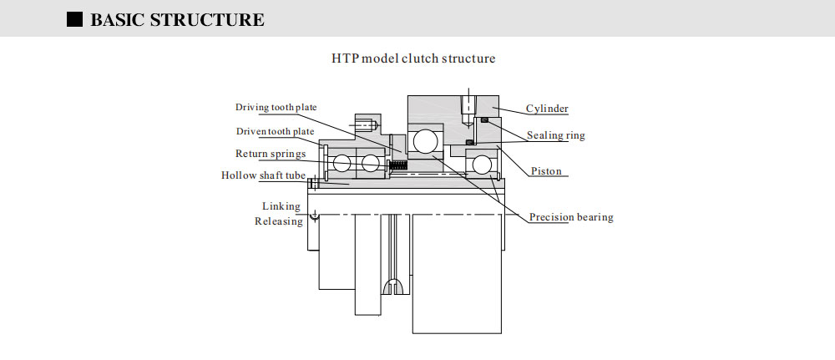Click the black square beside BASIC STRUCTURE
pos(74,19)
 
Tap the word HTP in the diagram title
pos(346,59)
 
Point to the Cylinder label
pos(547,109)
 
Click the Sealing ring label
pos(555,135)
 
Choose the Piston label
pos(546,171)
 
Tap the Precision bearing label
pos(571,217)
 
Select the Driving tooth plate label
pos(276,108)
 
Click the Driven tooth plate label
pos(275,131)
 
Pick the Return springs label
pos(270,154)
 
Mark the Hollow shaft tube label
pos(263,175)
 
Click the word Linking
pos(282,205)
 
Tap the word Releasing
pos(279,221)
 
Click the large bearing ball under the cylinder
pos(425,140)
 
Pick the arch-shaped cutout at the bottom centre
pos(392,287)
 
